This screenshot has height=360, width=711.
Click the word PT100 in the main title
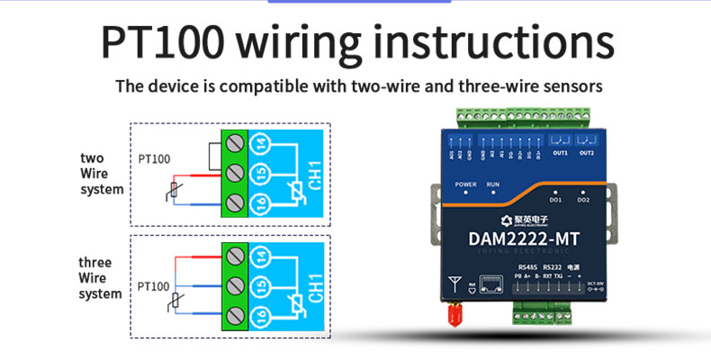162,42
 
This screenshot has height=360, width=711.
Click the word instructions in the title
493,42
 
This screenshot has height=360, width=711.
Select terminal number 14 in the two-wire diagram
259,143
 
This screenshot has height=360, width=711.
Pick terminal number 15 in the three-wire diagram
259,285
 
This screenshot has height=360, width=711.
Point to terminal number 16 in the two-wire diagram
259,202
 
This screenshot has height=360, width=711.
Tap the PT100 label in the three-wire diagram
154,286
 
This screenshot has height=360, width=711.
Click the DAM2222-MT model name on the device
519,239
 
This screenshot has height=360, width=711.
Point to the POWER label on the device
465,184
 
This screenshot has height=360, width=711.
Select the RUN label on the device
493,184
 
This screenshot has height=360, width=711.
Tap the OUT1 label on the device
561,152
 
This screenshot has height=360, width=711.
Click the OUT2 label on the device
587,152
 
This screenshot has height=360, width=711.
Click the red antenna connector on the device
453,313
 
